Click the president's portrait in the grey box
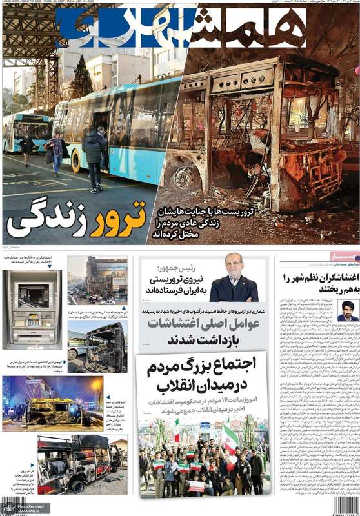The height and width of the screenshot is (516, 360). (x=234, y=281)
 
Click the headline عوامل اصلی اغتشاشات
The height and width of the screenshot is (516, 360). (x=203, y=324)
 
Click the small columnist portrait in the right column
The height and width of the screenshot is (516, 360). (x=348, y=310)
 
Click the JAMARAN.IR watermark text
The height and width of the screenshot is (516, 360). (x=19, y=510)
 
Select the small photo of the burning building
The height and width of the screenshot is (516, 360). (x=97, y=281)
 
